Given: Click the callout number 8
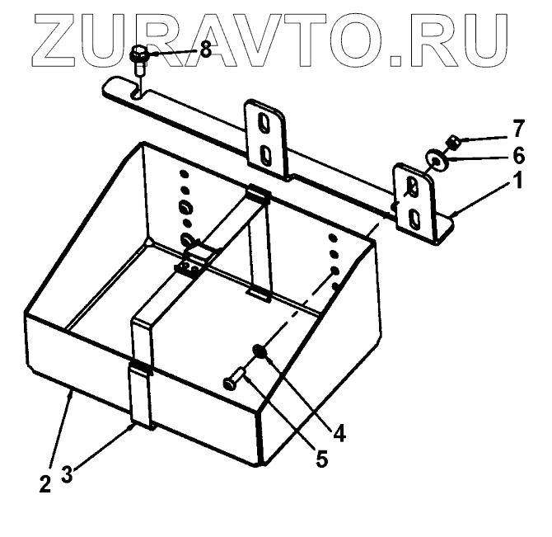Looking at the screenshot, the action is (x=205, y=50).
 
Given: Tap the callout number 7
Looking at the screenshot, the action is (x=518, y=129).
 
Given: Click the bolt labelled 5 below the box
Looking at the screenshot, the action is (x=233, y=380).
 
